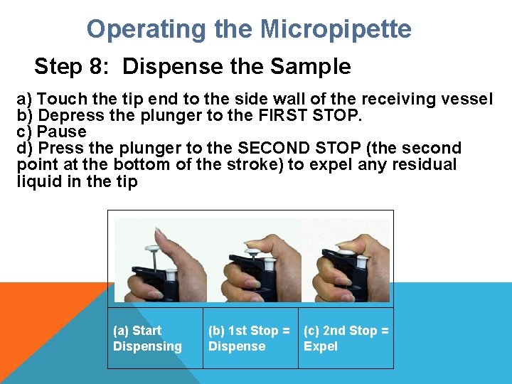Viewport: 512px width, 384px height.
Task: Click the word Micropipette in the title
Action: (x=336, y=30)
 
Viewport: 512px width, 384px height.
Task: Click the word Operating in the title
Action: (x=146, y=30)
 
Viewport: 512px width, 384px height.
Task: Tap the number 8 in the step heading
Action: (x=96, y=66)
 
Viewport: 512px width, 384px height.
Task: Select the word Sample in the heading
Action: (x=311, y=66)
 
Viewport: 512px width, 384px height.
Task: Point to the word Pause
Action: (x=61, y=132)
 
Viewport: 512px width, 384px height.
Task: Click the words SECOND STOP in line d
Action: (x=299, y=148)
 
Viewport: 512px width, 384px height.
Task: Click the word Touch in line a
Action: (x=62, y=99)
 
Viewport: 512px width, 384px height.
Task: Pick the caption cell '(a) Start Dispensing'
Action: (x=155, y=338)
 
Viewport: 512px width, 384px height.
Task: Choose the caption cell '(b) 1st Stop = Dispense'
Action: (x=250, y=338)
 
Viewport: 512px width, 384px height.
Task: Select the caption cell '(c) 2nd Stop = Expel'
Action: (x=346, y=338)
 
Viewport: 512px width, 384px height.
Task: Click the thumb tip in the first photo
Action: (x=158, y=230)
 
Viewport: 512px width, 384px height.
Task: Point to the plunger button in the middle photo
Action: (x=252, y=252)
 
